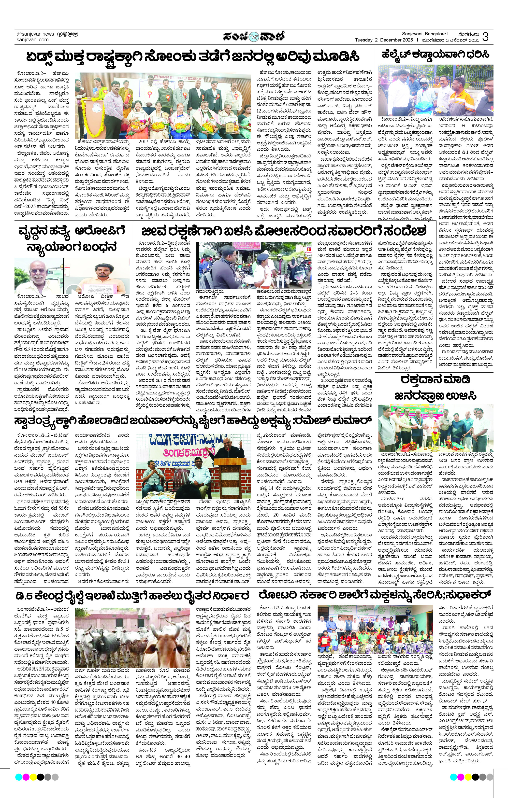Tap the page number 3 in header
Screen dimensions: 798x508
(x=485, y=37)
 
